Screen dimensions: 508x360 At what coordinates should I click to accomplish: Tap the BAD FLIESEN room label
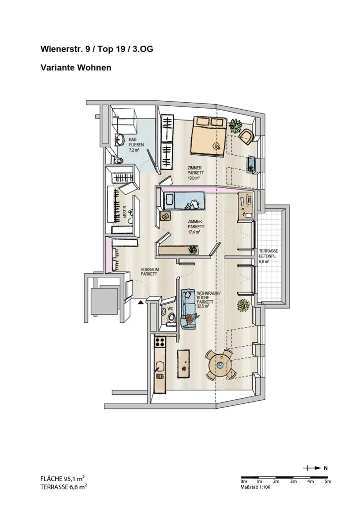tap(133, 144)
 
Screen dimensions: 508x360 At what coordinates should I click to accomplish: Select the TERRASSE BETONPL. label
tap(268, 254)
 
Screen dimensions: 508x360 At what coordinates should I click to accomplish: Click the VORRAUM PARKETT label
tap(149, 272)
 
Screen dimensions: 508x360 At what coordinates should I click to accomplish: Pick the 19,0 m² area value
tap(194, 178)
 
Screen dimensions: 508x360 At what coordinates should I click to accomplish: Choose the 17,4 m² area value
tap(194, 232)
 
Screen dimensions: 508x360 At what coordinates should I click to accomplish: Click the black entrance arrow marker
tap(142, 301)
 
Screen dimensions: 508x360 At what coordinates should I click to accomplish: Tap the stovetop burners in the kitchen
tap(160, 342)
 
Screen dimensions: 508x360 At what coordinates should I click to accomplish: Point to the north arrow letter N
tap(326, 468)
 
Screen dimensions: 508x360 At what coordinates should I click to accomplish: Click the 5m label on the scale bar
tap(327, 481)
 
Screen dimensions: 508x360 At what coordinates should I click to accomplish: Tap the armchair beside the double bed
tap(245, 135)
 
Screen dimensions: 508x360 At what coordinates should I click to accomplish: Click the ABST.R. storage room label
tap(125, 213)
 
